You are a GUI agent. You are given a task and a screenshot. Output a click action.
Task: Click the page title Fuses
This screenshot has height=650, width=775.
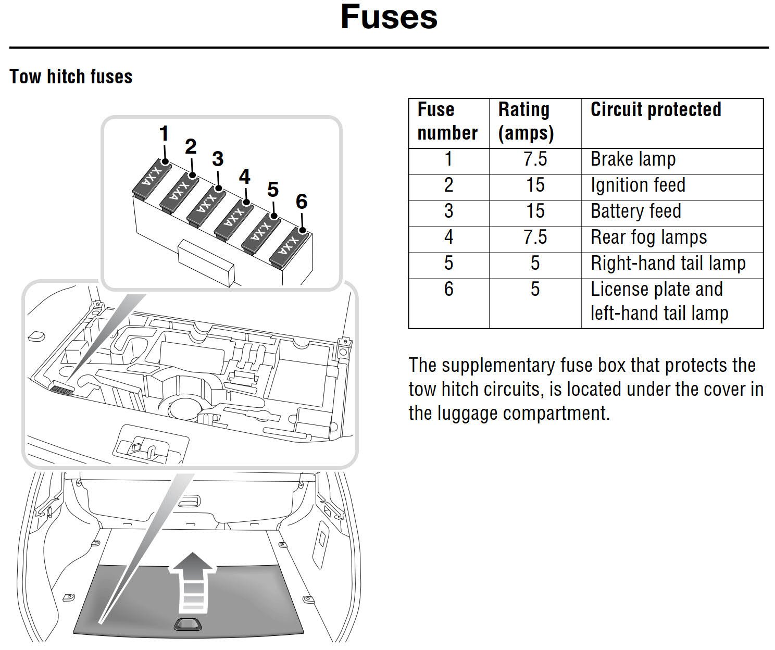(389, 17)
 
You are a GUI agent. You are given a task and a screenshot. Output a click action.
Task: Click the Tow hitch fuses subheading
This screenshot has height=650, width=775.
(71, 77)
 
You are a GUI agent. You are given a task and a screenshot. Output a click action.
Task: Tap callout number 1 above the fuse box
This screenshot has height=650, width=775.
(164, 134)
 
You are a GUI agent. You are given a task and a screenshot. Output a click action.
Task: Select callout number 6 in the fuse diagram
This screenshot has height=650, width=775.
(302, 202)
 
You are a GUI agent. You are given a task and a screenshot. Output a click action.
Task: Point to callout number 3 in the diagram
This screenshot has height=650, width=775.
(218, 159)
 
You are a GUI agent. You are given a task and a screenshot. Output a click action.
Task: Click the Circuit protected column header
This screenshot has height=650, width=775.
(655, 110)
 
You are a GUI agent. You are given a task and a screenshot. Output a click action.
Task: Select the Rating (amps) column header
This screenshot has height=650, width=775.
(525, 121)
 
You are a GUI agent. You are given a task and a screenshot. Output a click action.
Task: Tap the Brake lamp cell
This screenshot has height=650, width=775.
(633, 159)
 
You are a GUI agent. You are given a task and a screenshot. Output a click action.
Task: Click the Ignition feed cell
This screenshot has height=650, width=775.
(637, 185)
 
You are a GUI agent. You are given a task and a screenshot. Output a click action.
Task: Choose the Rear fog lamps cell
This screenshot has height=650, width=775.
(648, 238)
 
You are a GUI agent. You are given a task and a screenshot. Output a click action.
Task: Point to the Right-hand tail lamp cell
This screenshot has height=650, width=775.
(668, 264)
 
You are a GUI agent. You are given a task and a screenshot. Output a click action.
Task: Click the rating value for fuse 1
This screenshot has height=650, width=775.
(535, 159)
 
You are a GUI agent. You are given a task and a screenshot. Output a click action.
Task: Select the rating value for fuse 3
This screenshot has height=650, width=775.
(535, 211)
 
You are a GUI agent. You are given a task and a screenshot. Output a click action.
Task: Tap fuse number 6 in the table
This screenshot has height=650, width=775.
(448, 289)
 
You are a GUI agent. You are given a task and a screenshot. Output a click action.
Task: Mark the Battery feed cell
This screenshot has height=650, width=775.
(635, 211)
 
